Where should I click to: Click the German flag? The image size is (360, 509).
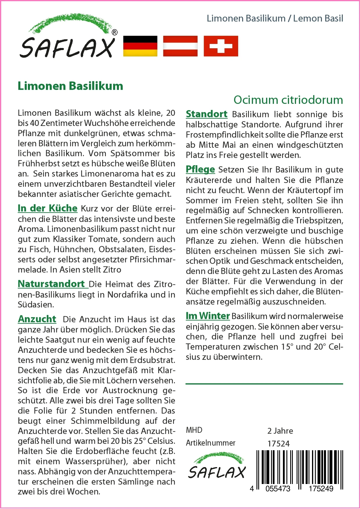140,46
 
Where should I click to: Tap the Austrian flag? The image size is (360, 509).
180,46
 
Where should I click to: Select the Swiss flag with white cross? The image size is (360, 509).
221,46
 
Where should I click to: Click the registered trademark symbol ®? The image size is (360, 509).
115,33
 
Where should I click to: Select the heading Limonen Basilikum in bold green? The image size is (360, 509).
70,86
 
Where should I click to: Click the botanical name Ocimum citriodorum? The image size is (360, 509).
288,100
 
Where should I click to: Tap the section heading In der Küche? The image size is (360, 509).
47,208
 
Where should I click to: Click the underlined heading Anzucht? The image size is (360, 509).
37,319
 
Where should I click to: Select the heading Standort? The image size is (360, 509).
206,114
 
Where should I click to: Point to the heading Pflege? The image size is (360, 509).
200,169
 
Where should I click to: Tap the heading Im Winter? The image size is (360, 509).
208,316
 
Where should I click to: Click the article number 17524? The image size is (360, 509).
279,444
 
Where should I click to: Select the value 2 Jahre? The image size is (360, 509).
280,431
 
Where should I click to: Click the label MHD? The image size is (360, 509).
194,430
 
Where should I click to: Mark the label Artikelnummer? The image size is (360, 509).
211,443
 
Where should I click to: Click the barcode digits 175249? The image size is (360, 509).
321,488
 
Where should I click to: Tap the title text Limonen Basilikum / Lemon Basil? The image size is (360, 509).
275,18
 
